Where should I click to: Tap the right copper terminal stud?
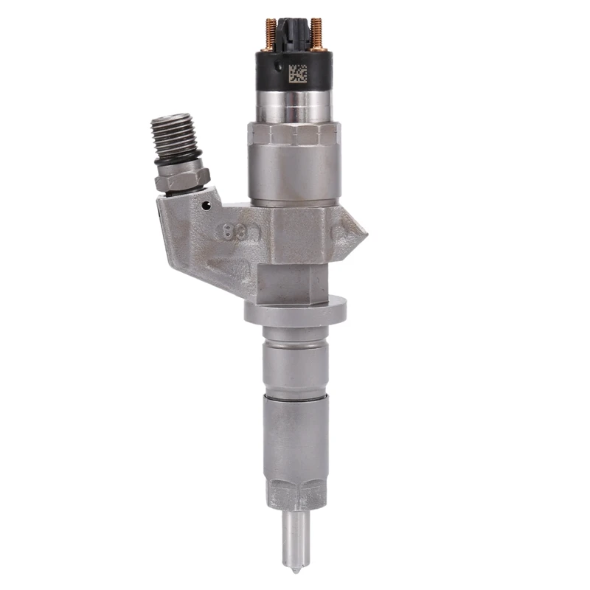point(318,33)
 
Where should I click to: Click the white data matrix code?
point(296,74)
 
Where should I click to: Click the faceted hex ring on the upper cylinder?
point(294,135)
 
